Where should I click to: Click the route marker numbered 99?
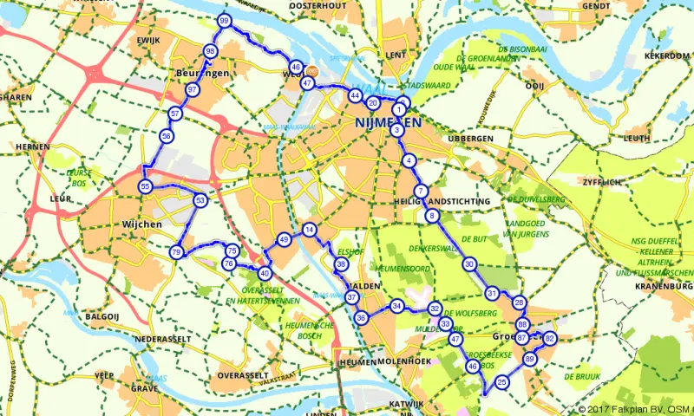click(x=225, y=21)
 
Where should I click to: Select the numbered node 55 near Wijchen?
click(x=145, y=186)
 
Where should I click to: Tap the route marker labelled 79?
click(x=176, y=252)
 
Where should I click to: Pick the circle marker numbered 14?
click(x=309, y=230)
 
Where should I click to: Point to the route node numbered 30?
click(x=468, y=264)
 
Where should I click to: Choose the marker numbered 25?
click(x=501, y=381)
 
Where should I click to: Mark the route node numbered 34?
click(x=396, y=306)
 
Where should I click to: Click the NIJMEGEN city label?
click(x=388, y=123)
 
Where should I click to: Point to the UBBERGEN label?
click(x=470, y=139)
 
